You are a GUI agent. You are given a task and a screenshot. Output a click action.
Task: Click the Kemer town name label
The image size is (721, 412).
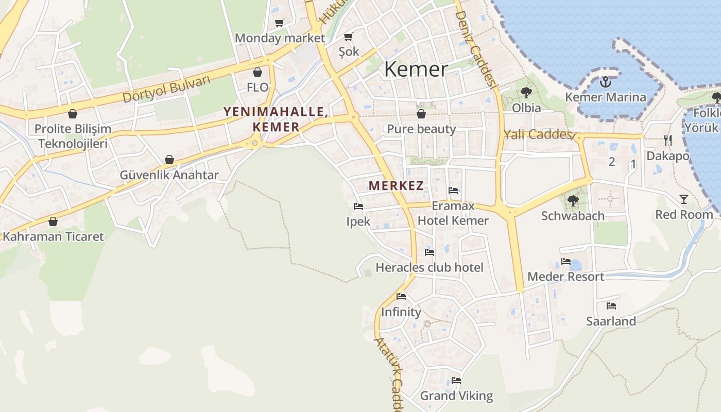416,69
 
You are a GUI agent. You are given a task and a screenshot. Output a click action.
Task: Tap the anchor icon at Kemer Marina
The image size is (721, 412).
606,81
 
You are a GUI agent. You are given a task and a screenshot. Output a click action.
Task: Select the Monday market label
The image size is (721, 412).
280,38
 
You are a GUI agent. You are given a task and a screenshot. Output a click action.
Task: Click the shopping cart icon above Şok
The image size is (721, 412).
349,37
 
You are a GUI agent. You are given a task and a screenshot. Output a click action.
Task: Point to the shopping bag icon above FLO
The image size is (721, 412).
257,72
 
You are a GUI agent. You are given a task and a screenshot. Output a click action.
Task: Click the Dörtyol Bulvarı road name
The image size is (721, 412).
167,89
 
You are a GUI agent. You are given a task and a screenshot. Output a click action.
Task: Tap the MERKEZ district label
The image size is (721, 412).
396,186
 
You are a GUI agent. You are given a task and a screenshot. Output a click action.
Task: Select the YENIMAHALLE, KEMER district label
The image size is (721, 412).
276,119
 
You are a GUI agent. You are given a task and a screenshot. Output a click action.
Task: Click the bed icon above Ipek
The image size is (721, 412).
358,207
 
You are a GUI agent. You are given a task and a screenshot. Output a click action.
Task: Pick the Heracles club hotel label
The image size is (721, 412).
430,267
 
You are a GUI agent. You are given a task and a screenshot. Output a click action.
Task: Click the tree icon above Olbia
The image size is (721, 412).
526,93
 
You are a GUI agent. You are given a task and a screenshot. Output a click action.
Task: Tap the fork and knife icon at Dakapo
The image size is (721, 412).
668,140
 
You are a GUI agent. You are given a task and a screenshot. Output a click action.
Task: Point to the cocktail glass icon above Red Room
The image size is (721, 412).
683,199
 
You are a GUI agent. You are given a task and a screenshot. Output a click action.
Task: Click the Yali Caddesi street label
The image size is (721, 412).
538,135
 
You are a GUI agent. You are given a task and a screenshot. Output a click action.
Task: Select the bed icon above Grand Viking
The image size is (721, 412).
456,381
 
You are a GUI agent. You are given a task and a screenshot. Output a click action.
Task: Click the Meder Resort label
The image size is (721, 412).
565,277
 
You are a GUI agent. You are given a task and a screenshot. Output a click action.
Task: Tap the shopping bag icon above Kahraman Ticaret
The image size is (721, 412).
53,221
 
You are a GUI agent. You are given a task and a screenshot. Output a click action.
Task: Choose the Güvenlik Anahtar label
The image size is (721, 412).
169,175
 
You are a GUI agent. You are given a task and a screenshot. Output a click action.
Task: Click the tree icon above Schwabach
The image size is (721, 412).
572,200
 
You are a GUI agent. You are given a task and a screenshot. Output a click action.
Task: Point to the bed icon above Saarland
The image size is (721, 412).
611,306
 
